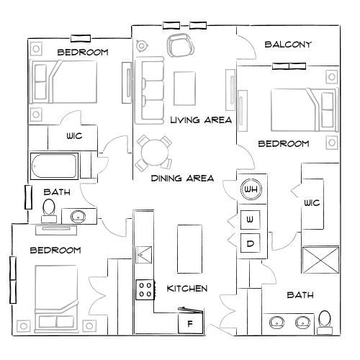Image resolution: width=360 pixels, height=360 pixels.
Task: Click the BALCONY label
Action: tap(288, 45)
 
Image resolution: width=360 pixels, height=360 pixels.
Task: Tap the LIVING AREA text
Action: tap(201, 120)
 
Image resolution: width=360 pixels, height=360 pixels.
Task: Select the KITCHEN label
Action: tap(187, 289)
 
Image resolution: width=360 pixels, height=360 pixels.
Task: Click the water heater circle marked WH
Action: tap(251, 189)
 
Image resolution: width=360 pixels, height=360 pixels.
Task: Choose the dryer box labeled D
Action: tap(251, 244)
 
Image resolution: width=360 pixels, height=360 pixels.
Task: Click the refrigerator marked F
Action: tap(190, 323)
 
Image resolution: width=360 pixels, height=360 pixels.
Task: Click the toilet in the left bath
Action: tap(49, 208)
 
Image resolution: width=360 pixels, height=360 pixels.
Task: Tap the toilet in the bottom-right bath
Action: tap(325, 319)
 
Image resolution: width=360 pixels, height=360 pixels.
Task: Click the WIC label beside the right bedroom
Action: tap(312, 204)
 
